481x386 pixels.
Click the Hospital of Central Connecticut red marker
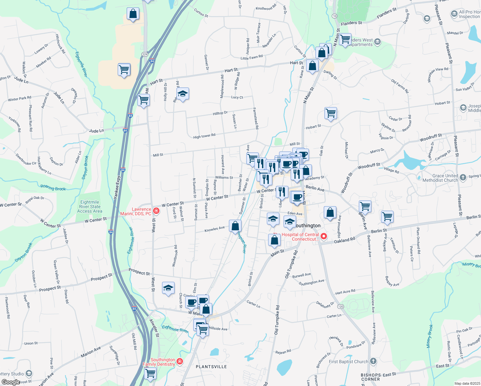tap(324, 237)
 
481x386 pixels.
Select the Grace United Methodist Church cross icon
tap(463, 177)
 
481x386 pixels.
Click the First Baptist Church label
tap(348, 362)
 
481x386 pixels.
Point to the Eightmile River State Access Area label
tap(90, 207)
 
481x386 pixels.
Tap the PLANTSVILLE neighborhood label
tap(211, 367)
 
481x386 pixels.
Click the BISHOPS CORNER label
tap(371, 377)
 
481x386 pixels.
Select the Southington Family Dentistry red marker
tap(180, 362)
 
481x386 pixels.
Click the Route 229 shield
tap(145, 54)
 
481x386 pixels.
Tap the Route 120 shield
tap(341, 307)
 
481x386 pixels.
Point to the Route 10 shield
tap(335, 16)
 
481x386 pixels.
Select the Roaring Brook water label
tap(53, 188)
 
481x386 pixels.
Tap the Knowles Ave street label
tap(214, 229)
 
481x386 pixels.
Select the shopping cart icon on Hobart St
tap(331, 113)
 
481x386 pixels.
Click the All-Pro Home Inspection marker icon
tap(454, 14)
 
